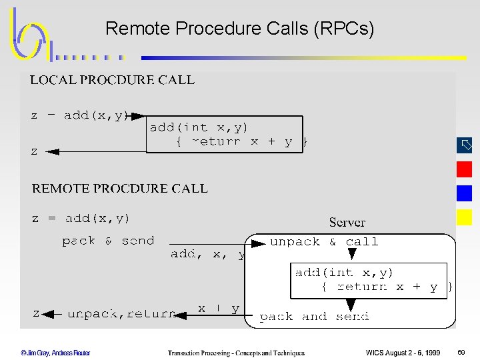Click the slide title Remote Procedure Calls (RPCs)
point(240,29)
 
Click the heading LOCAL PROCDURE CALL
point(112,80)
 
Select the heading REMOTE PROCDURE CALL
point(120,189)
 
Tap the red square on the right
point(464,169)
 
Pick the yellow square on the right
point(464,217)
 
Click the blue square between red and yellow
point(464,193)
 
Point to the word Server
point(347,222)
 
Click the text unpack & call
point(324,241)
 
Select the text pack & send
point(108,241)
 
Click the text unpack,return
point(122,313)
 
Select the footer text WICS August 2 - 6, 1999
point(403,353)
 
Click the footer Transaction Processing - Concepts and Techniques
point(236,353)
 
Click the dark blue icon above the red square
point(464,145)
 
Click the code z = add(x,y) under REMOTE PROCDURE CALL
point(81,219)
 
